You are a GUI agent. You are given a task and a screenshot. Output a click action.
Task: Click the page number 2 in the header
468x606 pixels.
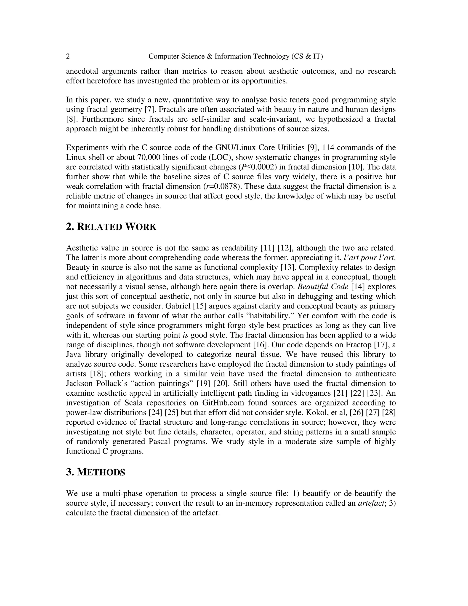68,57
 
